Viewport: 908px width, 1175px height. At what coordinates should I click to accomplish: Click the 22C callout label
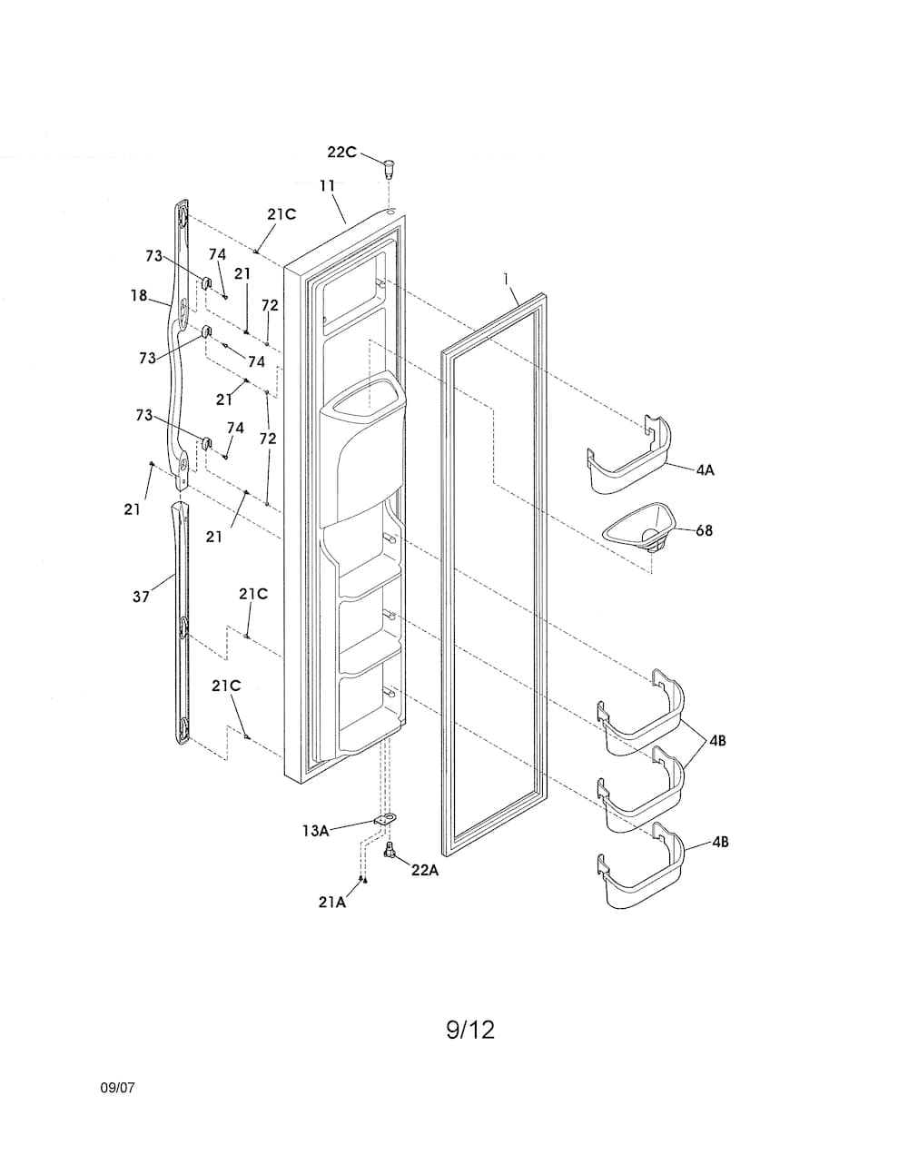[341, 153]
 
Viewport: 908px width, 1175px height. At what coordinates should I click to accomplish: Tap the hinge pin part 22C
[389, 168]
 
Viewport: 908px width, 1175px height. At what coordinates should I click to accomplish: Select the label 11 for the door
[327, 185]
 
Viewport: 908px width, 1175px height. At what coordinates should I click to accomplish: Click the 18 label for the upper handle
[139, 295]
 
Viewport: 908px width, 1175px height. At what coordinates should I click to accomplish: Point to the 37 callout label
[141, 597]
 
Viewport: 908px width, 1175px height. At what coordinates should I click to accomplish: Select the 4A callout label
[705, 470]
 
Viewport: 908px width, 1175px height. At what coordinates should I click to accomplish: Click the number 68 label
[705, 530]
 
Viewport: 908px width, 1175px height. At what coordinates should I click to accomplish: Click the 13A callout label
[316, 831]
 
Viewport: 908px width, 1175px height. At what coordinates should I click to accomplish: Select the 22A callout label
[425, 870]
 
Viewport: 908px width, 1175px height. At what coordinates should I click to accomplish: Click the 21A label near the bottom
[331, 902]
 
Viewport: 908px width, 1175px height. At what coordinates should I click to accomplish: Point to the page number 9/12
[470, 1030]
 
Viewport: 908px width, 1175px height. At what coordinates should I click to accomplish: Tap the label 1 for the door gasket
[507, 280]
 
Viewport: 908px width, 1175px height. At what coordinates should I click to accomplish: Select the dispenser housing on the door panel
[361, 449]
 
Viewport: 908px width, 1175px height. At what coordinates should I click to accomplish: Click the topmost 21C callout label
[281, 214]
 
